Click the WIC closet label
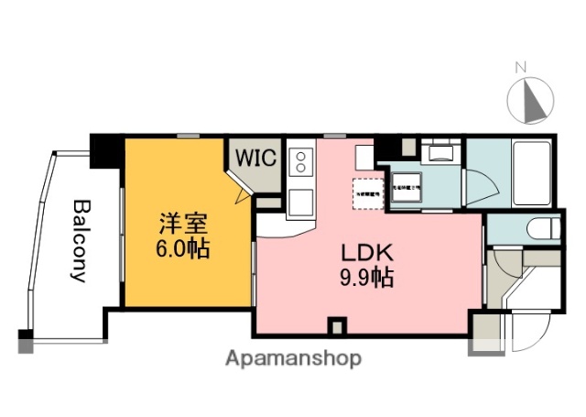[x=256, y=157]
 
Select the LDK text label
[x=368, y=252]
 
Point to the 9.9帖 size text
[x=368, y=277]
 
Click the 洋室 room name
[x=183, y=223]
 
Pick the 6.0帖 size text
[x=183, y=247]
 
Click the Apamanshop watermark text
[x=293, y=357]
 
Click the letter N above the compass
[x=521, y=67]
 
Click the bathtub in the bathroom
[x=529, y=173]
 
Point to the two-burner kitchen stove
[x=299, y=163]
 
